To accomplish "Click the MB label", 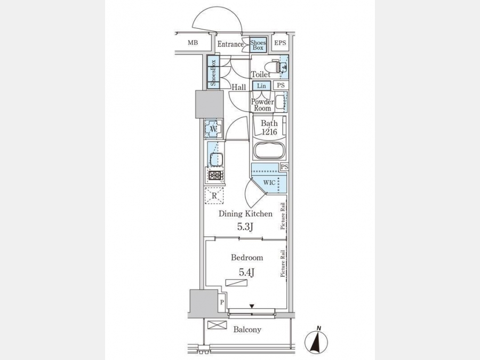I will [x=193, y=43].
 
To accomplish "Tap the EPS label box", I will [x=281, y=43].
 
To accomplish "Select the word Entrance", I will [x=230, y=44].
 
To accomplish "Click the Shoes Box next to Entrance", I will [x=258, y=45].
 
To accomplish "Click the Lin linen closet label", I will [x=261, y=86].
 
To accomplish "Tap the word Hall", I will [x=238, y=87].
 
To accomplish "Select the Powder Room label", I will [x=262, y=105].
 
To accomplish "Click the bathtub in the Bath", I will [x=269, y=150].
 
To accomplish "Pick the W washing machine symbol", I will [x=212, y=128].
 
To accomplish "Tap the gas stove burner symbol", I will [x=214, y=176].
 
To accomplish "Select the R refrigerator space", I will [x=214, y=196].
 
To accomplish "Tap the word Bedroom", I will [x=247, y=258].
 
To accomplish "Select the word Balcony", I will [x=247, y=330].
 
